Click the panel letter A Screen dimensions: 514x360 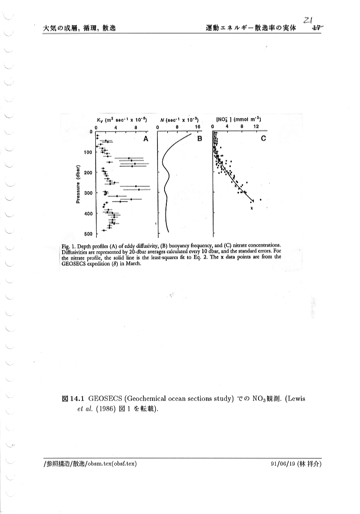click(145, 139)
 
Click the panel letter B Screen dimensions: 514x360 click(199, 139)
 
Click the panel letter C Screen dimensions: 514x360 click(263, 139)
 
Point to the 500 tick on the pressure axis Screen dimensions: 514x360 click(88, 234)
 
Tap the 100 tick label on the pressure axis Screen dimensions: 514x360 click(87, 152)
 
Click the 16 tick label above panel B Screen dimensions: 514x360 click(197, 127)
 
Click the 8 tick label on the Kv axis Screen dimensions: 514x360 click(136, 127)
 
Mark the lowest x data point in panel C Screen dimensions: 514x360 click(251, 208)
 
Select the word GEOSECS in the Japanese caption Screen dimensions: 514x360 click(107, 399)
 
